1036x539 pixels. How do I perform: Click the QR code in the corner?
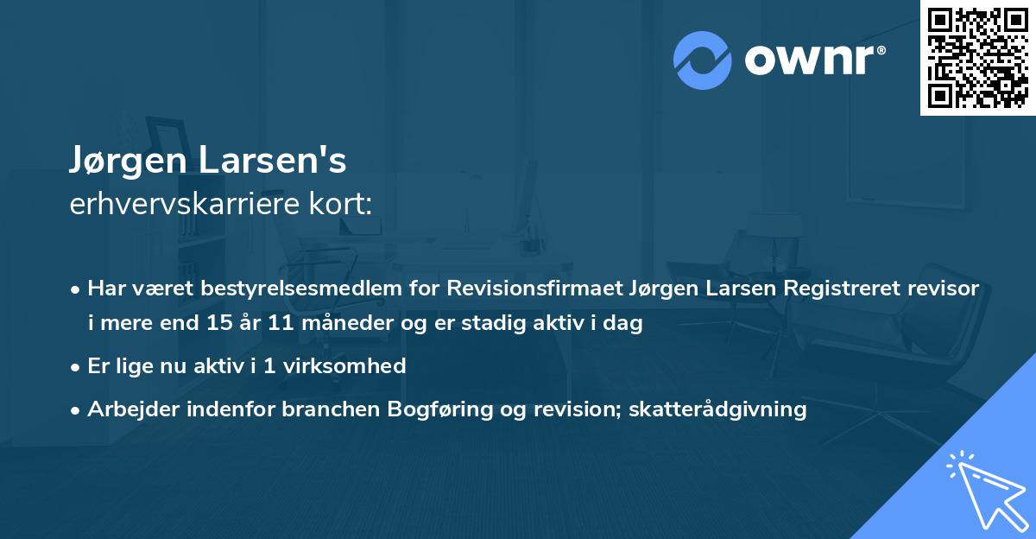[x=977, y=57]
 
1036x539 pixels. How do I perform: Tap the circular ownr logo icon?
[x=703, y=60]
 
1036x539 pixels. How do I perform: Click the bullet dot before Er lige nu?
[x=76, y=366]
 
